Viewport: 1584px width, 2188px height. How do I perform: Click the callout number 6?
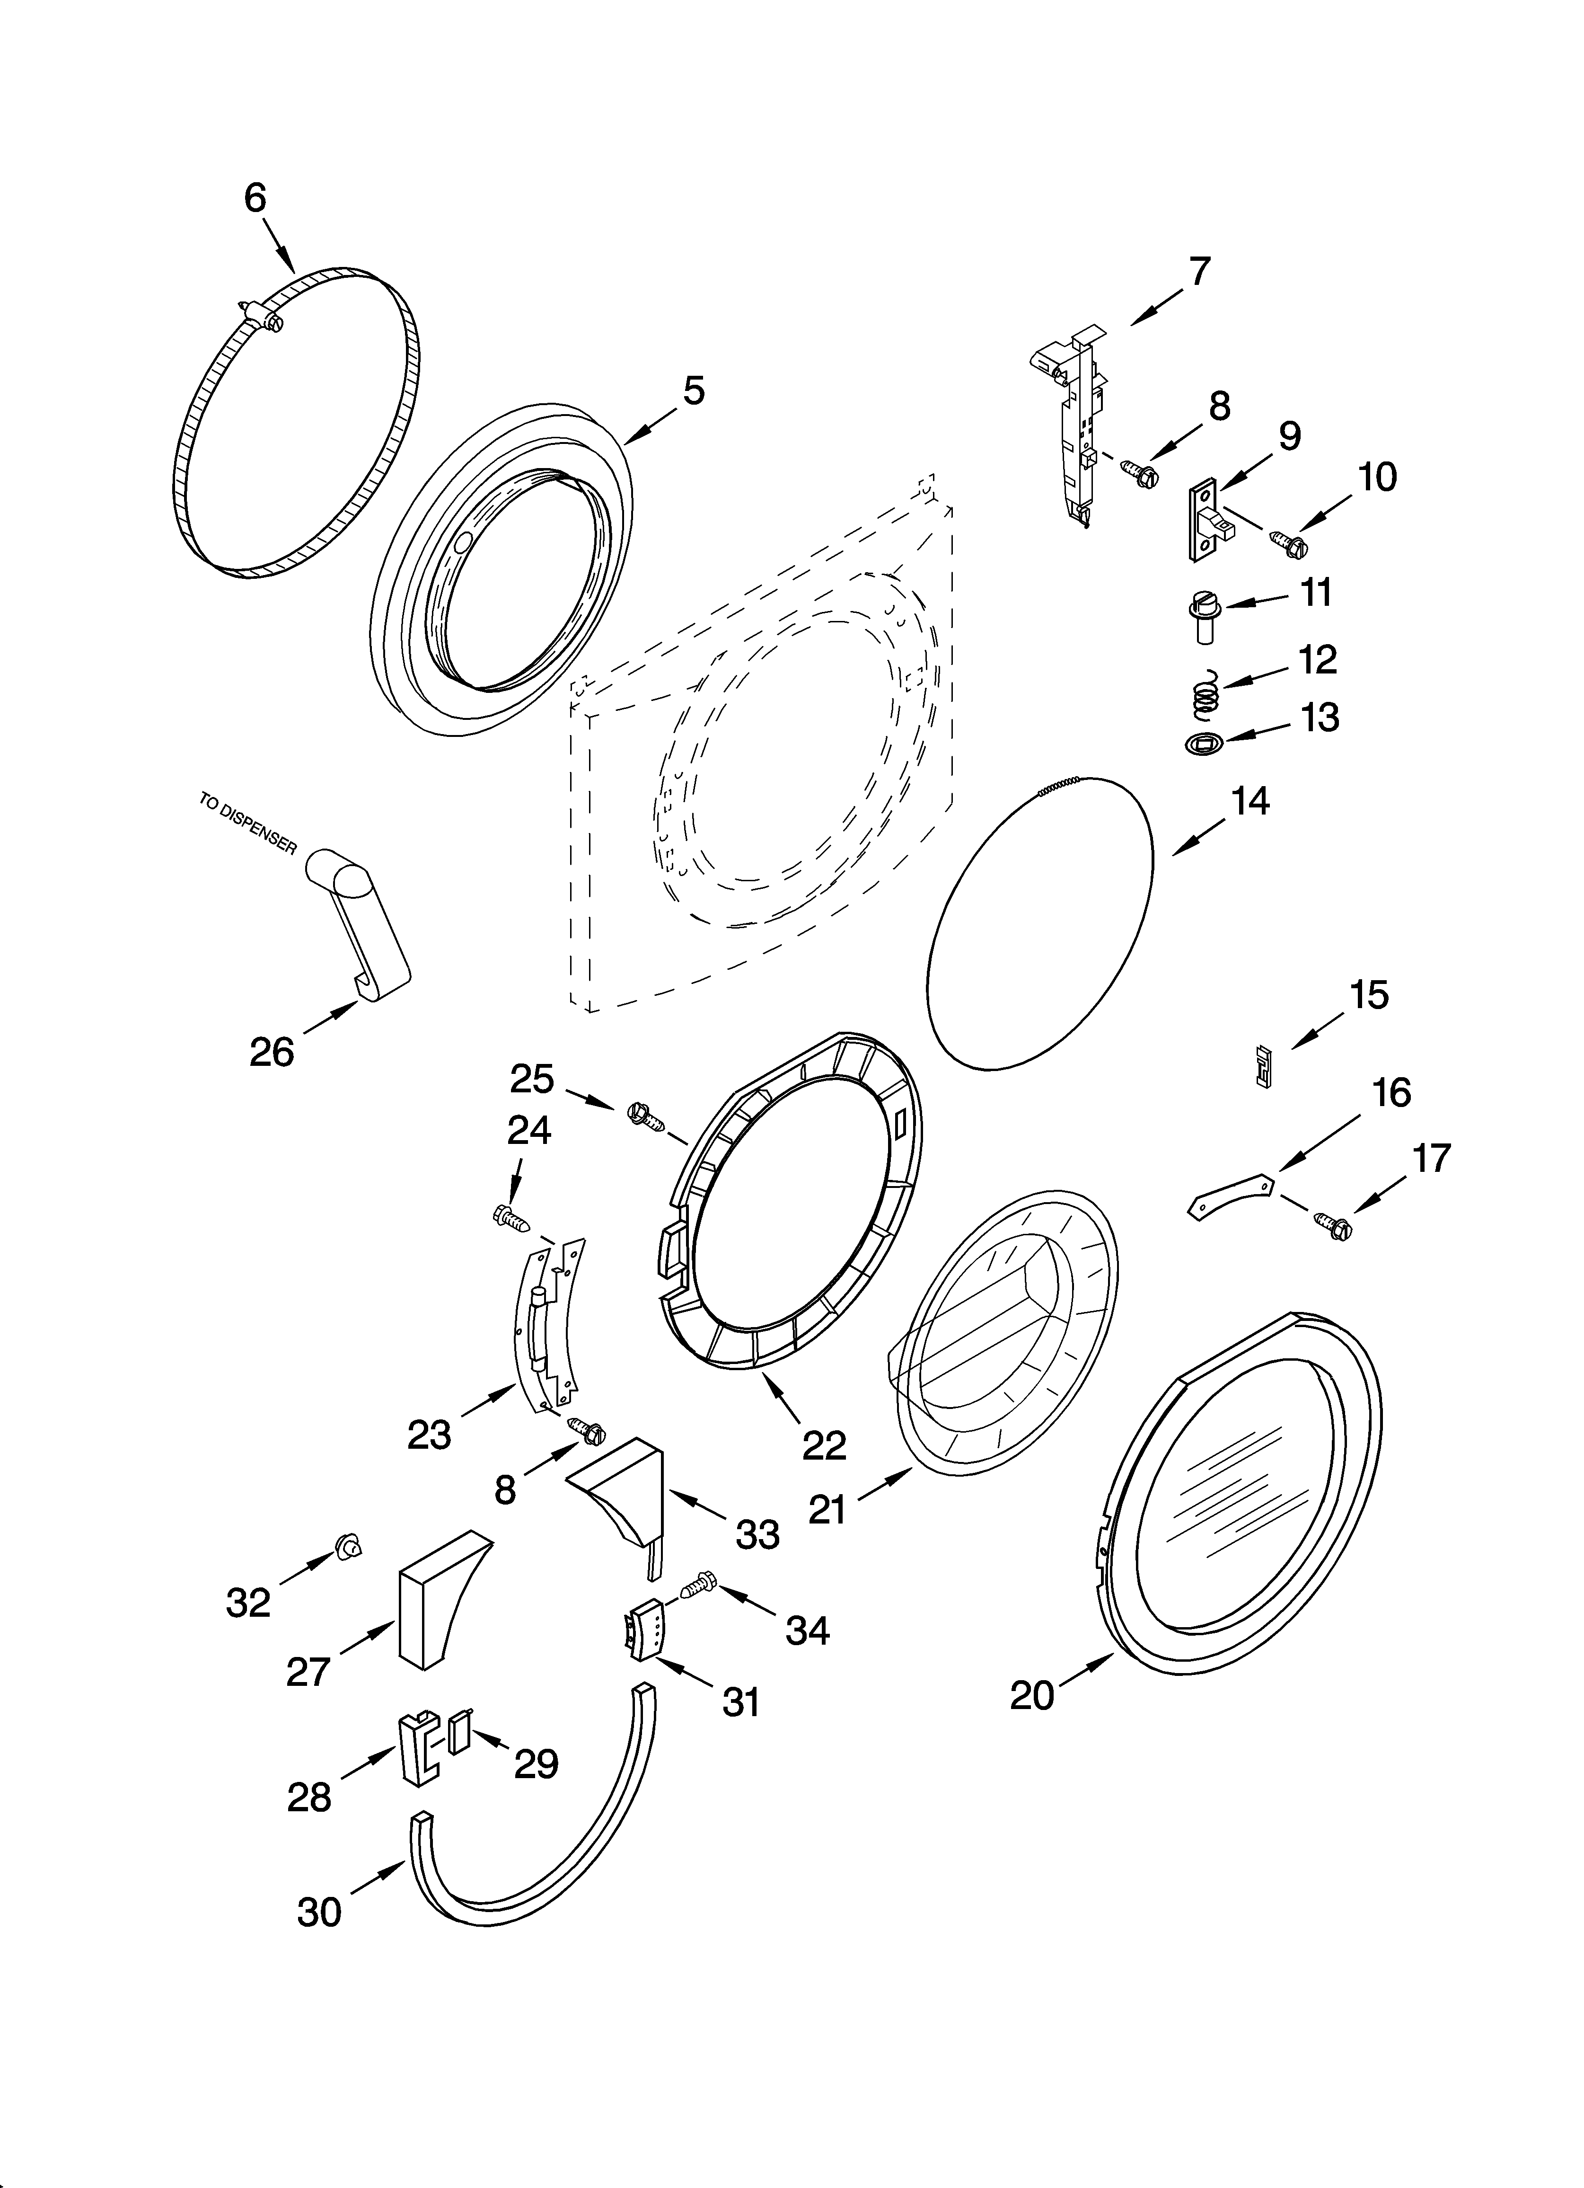click(255, 198)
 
